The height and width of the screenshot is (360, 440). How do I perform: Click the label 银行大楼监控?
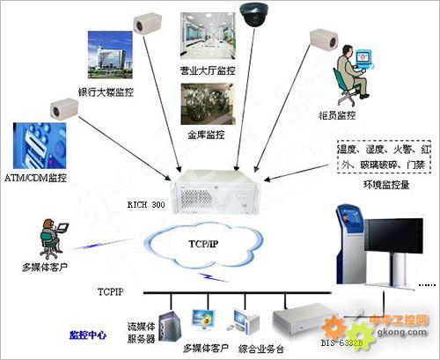[106, 91]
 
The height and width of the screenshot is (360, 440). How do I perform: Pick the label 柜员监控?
[340, 114]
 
